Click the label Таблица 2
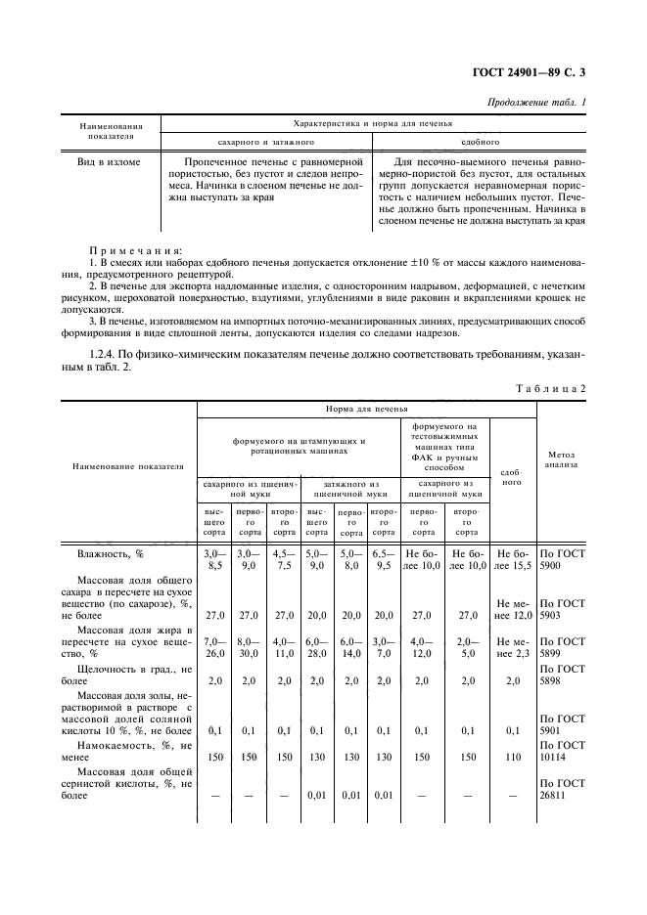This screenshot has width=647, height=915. click(x=551, y=388)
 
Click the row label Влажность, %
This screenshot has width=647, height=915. click(x=111, y=553)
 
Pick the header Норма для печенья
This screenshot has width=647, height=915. click(x=367, y=410)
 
